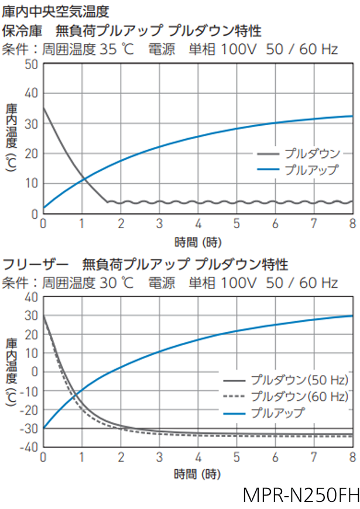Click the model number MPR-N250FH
pos(300,495)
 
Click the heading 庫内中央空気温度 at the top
pos(55,11)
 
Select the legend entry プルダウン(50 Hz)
pos(298,379)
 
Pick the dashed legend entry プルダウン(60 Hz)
pos(298,395)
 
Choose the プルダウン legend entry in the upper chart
pos(311,154)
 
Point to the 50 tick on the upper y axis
pos(32,64)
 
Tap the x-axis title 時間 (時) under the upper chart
pos(198,241)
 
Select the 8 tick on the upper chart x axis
pos(352,223)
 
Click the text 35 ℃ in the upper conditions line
pos(117,49)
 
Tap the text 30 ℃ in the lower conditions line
pos(117,283)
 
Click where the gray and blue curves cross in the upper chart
pos(83,178)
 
